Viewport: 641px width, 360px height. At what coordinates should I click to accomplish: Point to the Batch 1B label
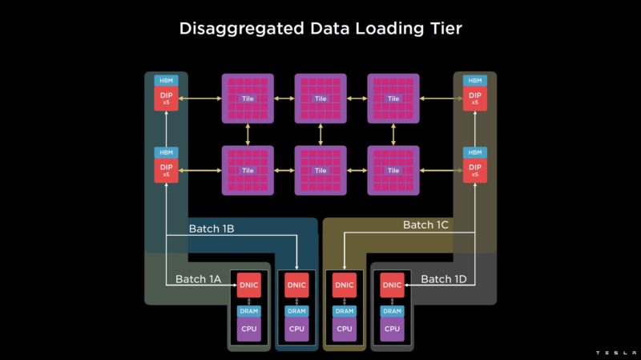211,229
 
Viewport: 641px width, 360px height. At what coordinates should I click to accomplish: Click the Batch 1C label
425,225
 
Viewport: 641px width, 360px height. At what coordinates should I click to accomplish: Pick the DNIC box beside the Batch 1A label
248,285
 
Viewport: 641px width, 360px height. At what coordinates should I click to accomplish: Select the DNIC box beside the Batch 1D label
392,285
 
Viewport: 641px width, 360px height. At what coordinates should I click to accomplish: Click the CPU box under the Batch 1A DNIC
248,329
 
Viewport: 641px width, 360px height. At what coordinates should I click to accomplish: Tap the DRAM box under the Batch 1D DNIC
392,310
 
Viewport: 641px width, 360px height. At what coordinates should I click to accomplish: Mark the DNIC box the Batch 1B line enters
296,285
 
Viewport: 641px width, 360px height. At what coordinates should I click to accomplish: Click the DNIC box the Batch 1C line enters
345,285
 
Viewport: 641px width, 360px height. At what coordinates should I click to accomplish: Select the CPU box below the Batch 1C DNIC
345,329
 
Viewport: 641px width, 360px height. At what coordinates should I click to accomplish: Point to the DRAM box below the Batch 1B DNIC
296,310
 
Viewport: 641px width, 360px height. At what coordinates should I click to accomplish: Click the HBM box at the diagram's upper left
166,81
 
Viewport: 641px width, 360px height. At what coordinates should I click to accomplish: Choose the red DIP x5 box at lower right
474,170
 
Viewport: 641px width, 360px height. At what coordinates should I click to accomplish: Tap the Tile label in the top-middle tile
320,99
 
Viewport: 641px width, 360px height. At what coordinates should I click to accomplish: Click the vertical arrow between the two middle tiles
320,134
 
